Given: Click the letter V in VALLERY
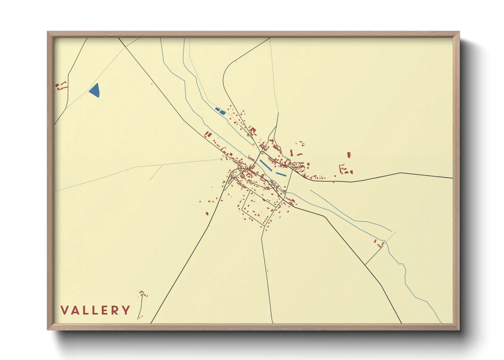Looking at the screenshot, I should click(64, 310).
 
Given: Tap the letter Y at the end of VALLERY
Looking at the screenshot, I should click(126, 310).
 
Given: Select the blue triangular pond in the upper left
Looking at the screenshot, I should click(95, 91).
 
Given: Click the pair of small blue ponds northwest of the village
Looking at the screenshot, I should click(220, 110).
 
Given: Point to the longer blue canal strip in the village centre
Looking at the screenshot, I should click(266, 165).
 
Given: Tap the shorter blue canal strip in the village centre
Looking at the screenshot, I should click(281, 174).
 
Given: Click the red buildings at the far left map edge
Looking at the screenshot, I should click(61, 86).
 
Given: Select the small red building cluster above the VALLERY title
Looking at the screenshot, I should click(142, 294).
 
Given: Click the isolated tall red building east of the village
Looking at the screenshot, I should click(349, 155).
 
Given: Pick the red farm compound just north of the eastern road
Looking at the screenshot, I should click(345, 169).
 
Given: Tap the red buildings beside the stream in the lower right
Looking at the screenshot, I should click(379, 244).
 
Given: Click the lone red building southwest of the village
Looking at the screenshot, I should click(207, 214).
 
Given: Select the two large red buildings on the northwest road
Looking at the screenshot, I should click(208, 134).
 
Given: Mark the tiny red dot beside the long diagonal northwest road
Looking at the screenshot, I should click(152, 84).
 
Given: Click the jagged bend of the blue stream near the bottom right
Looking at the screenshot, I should click(404, 269).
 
